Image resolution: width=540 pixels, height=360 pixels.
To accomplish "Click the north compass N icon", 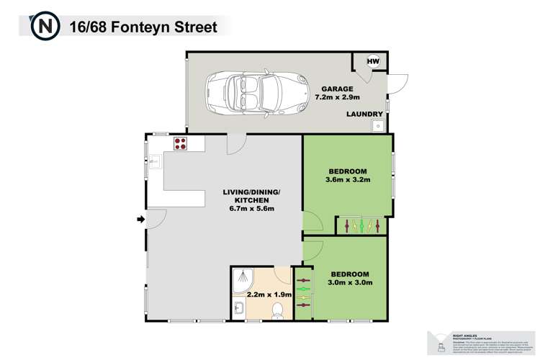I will [x=45, y=27].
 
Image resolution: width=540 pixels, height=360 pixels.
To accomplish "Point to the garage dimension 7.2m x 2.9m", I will [x=337, y=99].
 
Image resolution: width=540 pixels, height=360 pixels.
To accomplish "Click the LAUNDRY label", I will [x=363, y=114].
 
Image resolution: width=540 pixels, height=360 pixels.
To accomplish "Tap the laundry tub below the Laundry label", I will [x=377, y=127].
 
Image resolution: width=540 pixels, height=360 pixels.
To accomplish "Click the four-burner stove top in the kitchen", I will [x=180, y=143].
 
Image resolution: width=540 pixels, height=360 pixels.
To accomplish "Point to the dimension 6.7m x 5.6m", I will [x=250, y=209].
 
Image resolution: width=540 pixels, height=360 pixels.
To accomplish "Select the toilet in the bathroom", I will [x=276, y=310].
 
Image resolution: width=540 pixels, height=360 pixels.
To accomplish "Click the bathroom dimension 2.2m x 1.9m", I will [x=269, y=294].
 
